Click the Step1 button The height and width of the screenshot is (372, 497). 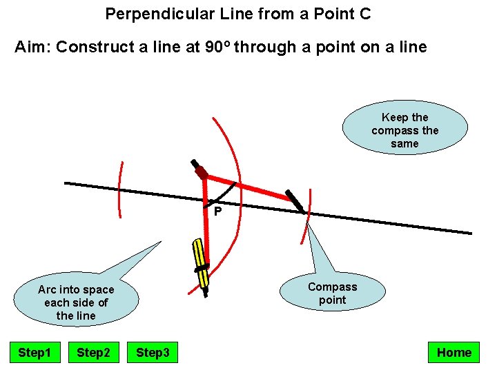tap(35, 353)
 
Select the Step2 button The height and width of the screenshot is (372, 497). tap(93, 353)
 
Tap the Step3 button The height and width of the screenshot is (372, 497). tap(153, 353)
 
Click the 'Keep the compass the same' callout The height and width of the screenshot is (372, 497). tap(405, 131)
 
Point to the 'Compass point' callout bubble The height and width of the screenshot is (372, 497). tap(332, 293)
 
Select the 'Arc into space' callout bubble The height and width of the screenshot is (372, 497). tap(76, 302)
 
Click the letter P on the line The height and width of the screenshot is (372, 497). tap(217, 211)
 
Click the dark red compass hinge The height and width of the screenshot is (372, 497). tap(201, 172)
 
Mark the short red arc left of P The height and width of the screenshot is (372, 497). tap(120, 190)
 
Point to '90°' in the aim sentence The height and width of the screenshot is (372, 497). tap(220, 48)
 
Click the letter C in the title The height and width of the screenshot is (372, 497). tap(365, 13)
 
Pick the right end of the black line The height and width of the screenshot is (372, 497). tap(470, 233)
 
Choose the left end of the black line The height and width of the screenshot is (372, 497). tap(66, 183)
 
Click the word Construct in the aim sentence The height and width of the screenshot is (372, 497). tap(89, 48)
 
